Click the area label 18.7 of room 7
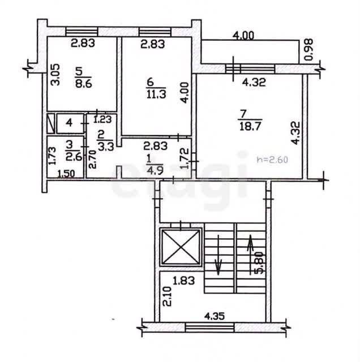[250, 126]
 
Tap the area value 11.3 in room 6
[156, 94]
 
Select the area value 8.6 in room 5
[84, 83]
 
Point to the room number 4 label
[69, 123]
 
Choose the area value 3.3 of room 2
[106, 146]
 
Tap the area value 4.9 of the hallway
[155, 170]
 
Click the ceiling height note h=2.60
[273, 160]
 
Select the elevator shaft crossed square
[181, 247]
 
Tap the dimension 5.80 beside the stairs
[259, 262]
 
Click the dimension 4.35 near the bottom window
[214, 316]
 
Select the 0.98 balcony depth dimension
[309, 49]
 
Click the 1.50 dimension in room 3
[66, 174]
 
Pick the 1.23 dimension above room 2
[102, 119]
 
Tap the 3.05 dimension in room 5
[55, 75]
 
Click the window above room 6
[155, 32]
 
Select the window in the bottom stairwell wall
[210, 327]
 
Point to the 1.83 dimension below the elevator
[184, 281]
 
